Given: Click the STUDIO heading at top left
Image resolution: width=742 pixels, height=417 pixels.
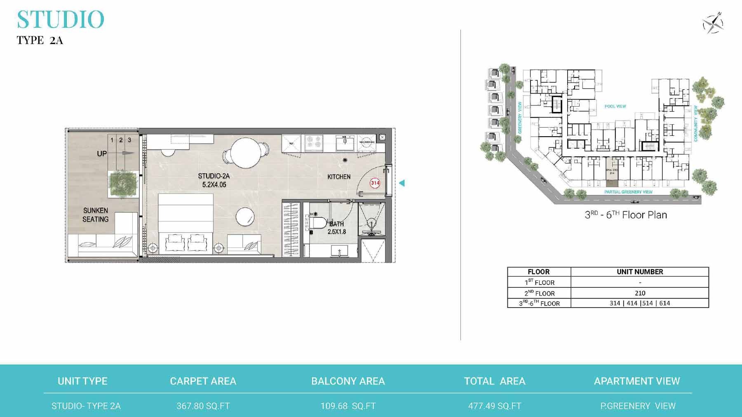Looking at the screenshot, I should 61,20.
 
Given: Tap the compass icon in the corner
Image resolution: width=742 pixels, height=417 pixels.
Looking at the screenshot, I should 713,23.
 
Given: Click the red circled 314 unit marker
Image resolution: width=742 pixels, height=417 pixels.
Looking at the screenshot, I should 375,183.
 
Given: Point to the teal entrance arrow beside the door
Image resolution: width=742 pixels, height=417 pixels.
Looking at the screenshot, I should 402,183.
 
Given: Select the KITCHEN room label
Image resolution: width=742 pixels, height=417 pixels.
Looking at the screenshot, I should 339,177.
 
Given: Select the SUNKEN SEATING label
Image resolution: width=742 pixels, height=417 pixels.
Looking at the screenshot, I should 95,214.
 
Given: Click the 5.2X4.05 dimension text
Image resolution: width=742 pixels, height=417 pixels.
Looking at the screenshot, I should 214,185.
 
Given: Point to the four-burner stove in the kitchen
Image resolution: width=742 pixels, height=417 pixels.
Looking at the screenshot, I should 314,142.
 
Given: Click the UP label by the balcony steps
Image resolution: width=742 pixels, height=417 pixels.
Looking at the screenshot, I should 102,154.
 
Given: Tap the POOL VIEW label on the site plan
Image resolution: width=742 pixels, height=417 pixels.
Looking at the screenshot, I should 615,106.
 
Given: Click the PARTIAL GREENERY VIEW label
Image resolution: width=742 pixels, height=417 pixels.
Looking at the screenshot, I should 628,192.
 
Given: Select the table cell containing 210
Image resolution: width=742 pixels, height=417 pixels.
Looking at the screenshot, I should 640,293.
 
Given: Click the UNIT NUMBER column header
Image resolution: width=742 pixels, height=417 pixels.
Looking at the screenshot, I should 640,272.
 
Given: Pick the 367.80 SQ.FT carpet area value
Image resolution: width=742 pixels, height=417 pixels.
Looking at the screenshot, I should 203,406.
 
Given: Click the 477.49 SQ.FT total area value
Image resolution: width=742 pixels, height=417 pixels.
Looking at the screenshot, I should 494,406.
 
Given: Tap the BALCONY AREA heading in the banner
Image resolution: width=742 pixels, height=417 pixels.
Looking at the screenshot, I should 348,381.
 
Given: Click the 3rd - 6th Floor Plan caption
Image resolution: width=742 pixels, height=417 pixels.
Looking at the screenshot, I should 626,215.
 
